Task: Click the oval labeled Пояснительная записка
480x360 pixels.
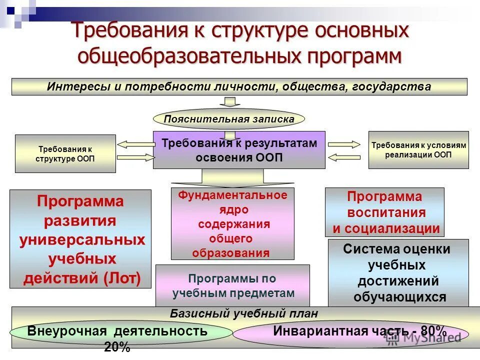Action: point(228,119)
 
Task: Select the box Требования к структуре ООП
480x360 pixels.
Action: point(65,153)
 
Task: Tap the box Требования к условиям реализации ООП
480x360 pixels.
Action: point(418,150)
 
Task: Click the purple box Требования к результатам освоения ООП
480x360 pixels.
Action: point(239,150)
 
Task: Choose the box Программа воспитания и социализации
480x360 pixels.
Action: point(384,212)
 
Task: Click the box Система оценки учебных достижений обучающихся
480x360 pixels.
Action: point(398,273)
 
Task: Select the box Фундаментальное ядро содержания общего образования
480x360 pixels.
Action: point(233,224)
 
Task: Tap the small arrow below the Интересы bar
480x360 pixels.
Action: point(229,102)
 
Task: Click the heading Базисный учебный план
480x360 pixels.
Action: point(243,313)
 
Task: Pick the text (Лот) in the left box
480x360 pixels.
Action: point(122,278)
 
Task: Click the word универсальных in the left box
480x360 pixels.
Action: point(82,240)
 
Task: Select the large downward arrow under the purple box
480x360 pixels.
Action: point(232,178)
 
